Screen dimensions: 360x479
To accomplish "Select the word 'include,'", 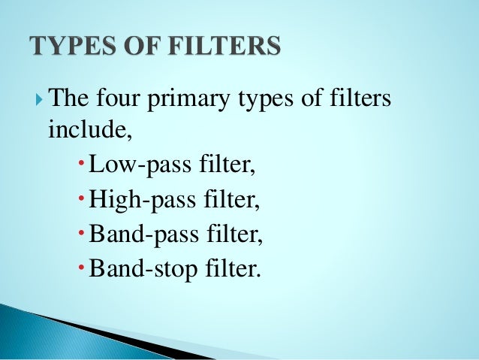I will pyautogui.click(x=80, y=129).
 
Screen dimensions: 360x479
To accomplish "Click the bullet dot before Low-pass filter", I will pyautogui.click(x=82, y=165).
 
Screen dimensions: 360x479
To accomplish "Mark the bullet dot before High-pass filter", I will pyautogui.click(x=82, y=199).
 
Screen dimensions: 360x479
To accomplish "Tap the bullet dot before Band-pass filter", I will pyautogui.click(x=82, y=234).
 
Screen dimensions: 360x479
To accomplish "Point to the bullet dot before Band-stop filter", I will pyautogui.click(x=82, y=268).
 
